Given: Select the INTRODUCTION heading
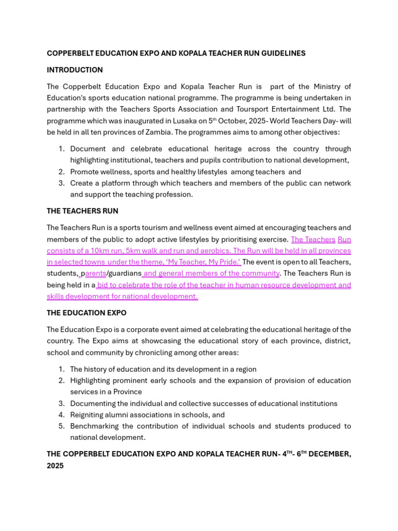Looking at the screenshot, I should pos(75,70).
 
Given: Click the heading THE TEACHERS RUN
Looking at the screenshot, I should pos(82,211).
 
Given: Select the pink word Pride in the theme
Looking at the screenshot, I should pos(228,262).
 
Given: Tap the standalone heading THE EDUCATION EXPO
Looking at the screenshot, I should pos(87,313).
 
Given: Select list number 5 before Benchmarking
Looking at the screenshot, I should pos(61,426).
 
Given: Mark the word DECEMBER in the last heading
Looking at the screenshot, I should pos(330,454).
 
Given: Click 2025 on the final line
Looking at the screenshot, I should pos(55,466).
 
